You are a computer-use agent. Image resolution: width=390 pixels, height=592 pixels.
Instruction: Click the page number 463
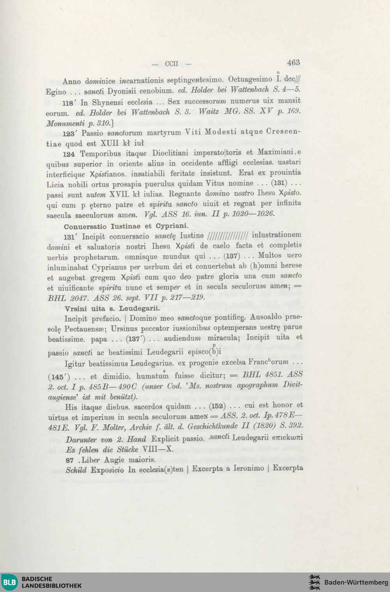(293, 62)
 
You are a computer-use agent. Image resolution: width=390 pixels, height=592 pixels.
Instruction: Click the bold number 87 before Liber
(70, 460)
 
